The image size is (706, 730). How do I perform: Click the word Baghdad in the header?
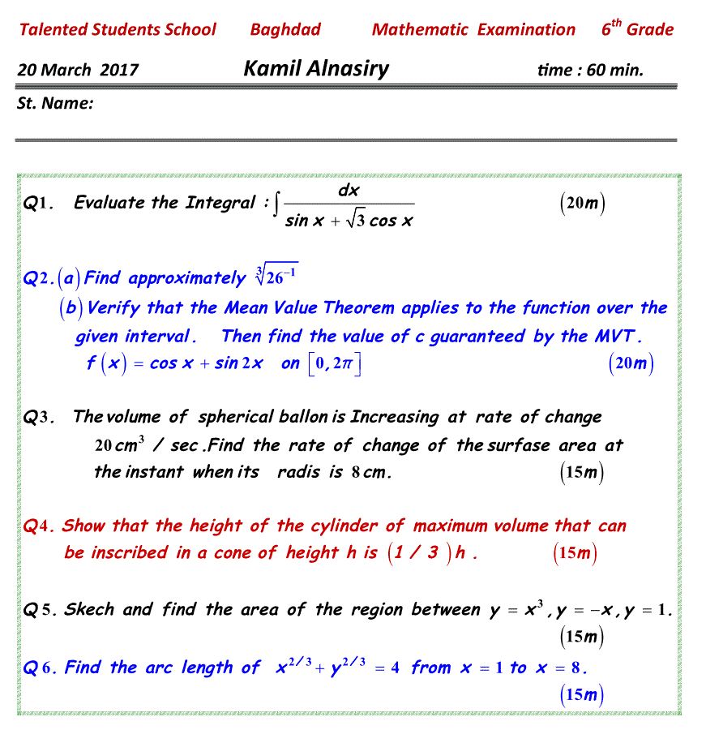285,30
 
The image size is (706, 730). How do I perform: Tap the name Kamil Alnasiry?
316,68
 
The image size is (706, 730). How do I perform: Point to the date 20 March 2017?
78,70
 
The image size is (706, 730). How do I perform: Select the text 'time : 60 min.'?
590,70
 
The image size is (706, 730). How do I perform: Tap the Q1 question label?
38,204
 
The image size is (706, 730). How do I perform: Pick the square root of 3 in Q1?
354,220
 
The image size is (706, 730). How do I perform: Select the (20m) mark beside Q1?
583,204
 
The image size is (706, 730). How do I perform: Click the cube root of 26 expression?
276,277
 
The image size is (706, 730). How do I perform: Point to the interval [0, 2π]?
333,363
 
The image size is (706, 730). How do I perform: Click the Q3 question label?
38,418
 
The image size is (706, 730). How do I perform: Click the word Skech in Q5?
89,609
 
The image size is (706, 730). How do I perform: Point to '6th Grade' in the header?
637,29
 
